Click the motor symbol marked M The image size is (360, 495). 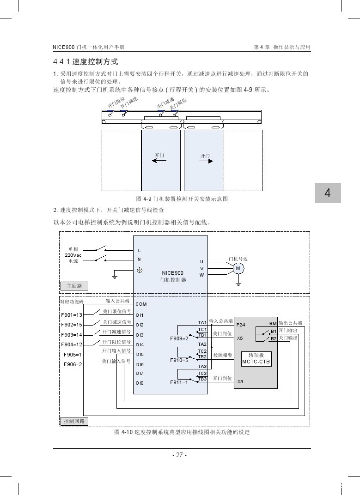[238, 269]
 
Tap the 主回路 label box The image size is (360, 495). [74, 286]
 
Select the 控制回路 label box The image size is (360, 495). [74, 421]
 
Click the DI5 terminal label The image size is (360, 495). [140, 355]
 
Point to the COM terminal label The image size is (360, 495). [141, 304]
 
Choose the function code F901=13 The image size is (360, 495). [72, 315]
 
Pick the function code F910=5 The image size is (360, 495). [179, 360]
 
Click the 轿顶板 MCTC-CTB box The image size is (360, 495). [256, 359]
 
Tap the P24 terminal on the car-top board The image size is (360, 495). [240, 325]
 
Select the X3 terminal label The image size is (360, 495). [240, 382]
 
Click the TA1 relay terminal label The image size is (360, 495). [202, 322]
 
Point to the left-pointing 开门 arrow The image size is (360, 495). [159, 161]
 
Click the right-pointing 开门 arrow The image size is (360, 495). [206, 161]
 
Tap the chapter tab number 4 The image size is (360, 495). [328, 193]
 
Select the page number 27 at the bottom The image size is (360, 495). [179, 455]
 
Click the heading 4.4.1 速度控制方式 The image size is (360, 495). [85, 61]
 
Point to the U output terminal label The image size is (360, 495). [201, 262]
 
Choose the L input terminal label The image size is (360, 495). [140, 251]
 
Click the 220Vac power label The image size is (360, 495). [73, 255]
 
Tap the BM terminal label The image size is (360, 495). [273, 323]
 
